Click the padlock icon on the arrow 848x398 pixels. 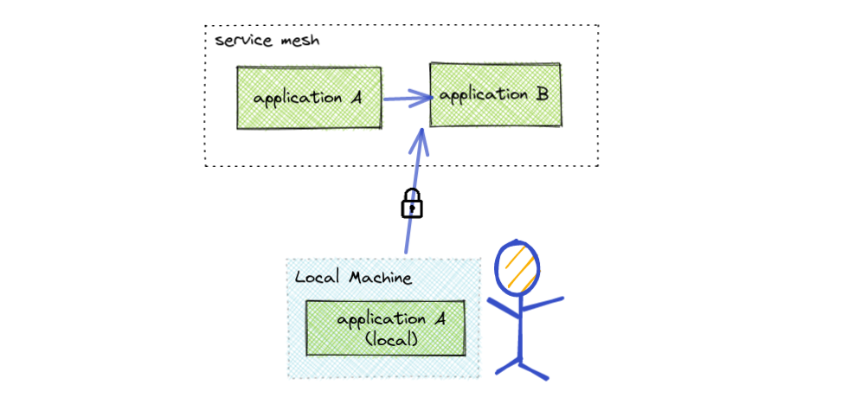pyautogui.click(x=412, y=203)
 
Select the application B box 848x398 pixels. pyautogui.click(x=496, y=94)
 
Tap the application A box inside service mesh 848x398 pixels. pyautogui.click(x=309, y=98)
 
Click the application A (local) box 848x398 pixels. pyautogui.click(x=385, y=329)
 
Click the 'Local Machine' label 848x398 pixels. pyautogui.click(x=353, y=278)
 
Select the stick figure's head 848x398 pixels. pyautogui.click(x=517, y=265)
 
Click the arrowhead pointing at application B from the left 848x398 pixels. pyautogui.click(x=423, y=98)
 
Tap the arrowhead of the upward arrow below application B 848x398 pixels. pyautogui.click(x=421, y=138)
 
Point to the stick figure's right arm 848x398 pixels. pyautogui.click(x=543, y=305)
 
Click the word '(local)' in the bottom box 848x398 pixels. pyautogui.click(x=391, y=340)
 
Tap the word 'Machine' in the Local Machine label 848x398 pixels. pyautogui.click(x=381, y=278)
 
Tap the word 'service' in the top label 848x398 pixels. pyautogui.click(x=235, y=42)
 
